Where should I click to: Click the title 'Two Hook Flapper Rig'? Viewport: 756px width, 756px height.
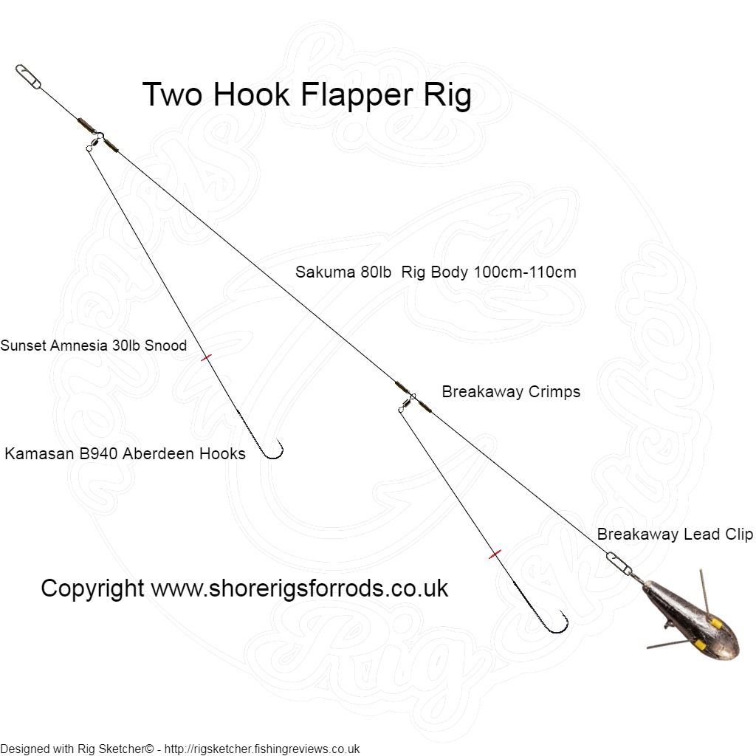click(306, 95)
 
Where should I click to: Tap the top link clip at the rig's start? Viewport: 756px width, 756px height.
click(28, 76)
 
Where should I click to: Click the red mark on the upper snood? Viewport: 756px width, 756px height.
click(206, 357)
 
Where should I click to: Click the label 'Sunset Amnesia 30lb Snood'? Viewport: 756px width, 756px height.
click(94, 346)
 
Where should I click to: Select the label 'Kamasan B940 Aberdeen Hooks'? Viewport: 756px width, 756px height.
click(125, 453)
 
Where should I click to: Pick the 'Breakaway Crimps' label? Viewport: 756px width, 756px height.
click(511, 391)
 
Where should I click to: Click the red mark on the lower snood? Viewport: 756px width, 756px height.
click(495, 554)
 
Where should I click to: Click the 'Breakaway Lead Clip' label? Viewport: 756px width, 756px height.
click(675, 534)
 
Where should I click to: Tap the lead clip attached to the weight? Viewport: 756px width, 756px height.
click(620, 563)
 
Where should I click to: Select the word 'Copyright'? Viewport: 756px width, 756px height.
click(92, 588)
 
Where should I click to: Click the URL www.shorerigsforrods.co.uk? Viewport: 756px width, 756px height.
click(300, 588)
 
